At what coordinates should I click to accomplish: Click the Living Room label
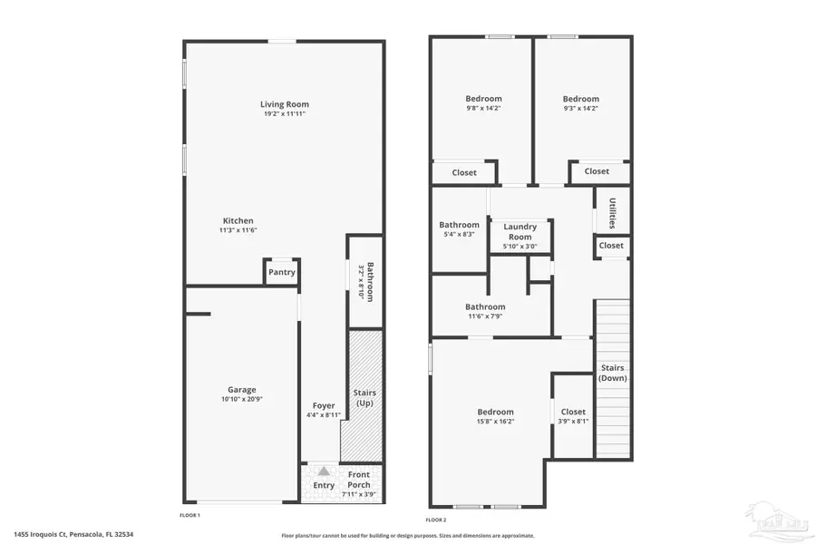tap(285, 104)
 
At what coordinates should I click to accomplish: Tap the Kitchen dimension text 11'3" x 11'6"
tap(238, 230)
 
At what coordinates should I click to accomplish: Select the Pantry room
tap(282, 272)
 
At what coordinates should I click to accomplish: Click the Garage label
tap(241, 390)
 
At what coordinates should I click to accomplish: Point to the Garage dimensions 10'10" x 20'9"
tap(241, 400)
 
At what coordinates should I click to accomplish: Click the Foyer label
tap(324, 405)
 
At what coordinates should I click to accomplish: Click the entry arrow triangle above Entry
tap(324, 471)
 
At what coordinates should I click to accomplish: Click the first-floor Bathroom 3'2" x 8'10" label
tap(365, 281)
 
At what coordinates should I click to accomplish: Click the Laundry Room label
tap(520, 231)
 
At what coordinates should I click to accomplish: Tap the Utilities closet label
tap(612, 212)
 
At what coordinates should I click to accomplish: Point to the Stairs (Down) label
tap(612, 373)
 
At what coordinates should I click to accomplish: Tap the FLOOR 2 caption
tap(436, 520)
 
